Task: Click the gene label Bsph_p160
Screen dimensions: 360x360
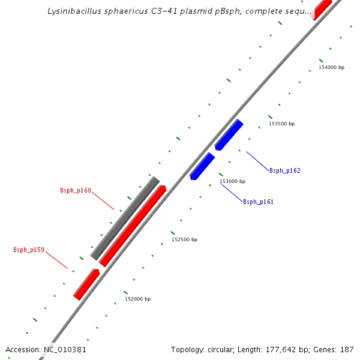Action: pyautogui.click(x=76, y=191)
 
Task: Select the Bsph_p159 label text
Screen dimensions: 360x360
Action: pyautogui.click(x=29, y=250)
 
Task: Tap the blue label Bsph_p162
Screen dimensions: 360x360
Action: pyautogui.click(x=285, y=171)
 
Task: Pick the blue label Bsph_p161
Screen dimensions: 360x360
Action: pyautogui.click(x=258, y=202)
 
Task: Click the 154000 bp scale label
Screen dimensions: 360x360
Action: pyautogui.click(x=331, y=67)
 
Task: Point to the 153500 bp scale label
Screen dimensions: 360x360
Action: pyautogui.click(x=282, y=124)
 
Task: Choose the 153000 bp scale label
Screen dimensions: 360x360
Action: pyautogui.click(x=232, y=181)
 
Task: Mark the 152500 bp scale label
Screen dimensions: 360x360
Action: pyautogui.click(x=184, y=239)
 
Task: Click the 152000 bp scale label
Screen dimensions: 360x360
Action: pyautogui.click(x=137, y=299)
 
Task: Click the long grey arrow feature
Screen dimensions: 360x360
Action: pyautogui.click(x=125, y=218)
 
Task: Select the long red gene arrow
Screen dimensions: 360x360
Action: pyautogui.click(x=132, y=226)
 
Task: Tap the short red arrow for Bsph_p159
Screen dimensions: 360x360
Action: pyautogui.click(x=86, y=284)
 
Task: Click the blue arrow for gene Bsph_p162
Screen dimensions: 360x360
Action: pyautogui.click(x=229, y=135)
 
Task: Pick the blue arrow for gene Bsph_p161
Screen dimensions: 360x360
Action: pyautogui.click(x=202, y=166)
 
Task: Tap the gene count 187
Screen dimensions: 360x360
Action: pyautogui.click(x=347, y=349)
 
